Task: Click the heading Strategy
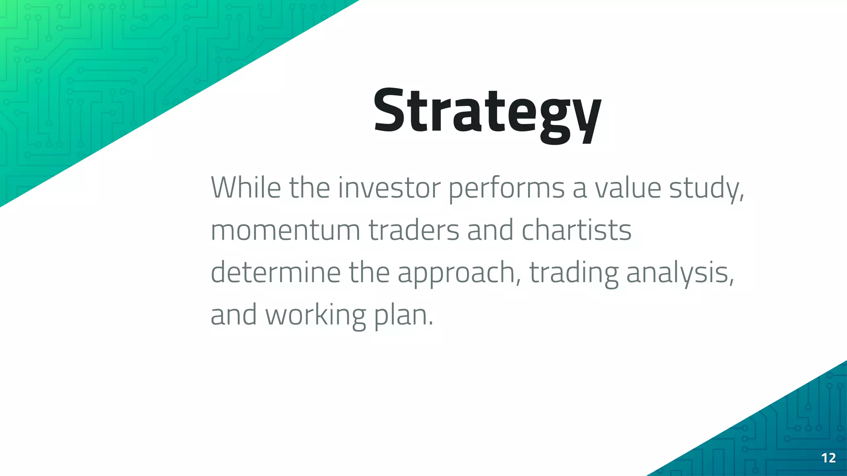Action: [x=487, y=112]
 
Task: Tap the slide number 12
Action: [x=828, y=458]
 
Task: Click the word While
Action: [x=246, y=188]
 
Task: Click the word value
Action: [x=628, y=188]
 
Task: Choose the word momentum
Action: [x=285, y=231]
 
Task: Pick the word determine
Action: [x=275, y=272]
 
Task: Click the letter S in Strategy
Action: [x=389, y=111]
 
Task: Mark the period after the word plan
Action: [x=431, y=324]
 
